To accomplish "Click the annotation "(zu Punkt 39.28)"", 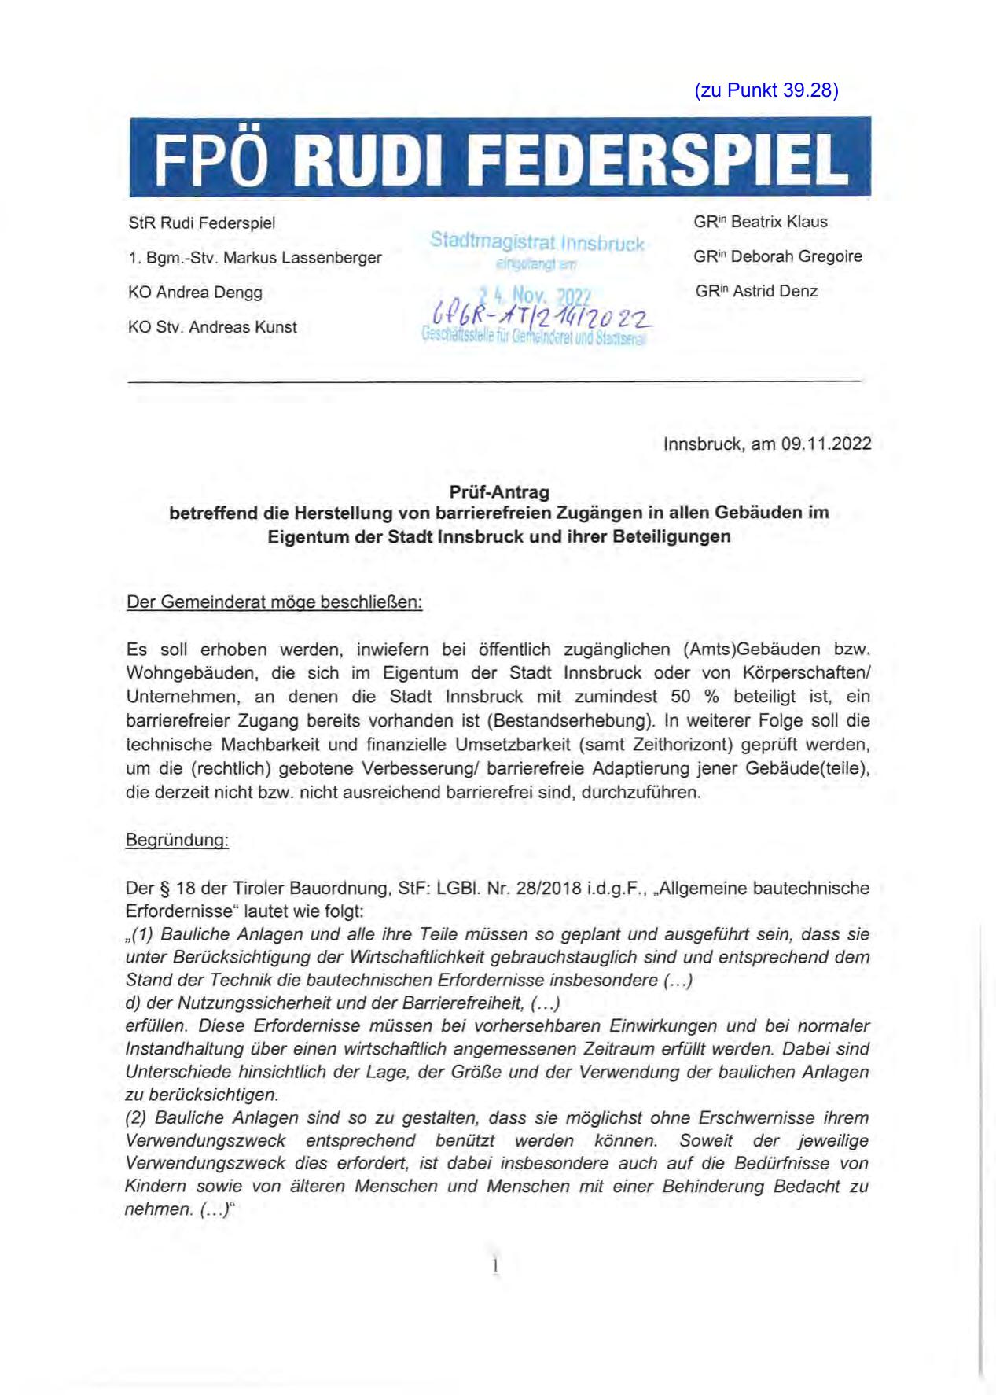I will [766, 90].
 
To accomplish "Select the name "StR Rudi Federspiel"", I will [201, 223].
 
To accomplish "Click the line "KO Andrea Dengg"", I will [195, 293].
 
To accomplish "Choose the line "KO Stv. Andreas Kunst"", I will [212, 327].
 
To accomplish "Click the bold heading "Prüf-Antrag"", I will [498, 492].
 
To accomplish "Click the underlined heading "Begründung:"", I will [177, 841].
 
